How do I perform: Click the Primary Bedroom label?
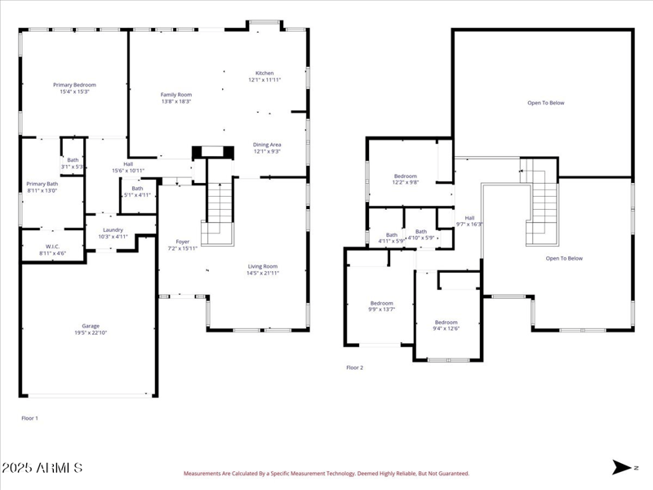74,85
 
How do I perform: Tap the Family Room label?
175,95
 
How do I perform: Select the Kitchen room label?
264,73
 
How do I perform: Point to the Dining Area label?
267,145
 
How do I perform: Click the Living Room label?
263,265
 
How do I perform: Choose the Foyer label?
183,242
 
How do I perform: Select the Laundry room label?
113,230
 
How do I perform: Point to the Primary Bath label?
42,184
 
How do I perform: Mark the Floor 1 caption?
29,417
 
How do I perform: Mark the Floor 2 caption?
355,367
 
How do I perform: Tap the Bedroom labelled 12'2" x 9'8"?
406,176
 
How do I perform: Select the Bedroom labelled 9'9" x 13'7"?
381,303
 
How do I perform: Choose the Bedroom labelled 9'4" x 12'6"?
446,322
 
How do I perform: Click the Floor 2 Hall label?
469,217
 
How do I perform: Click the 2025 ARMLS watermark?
42,468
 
